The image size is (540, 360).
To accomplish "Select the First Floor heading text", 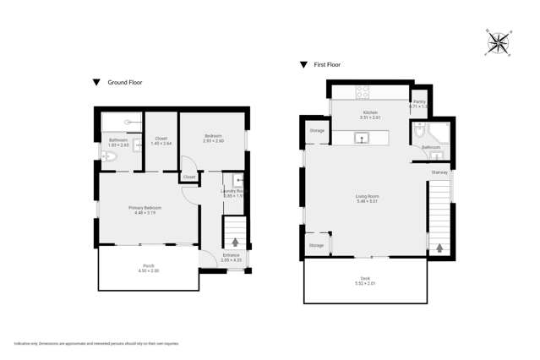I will point(328,64).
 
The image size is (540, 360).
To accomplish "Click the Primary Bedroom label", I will point(145,209).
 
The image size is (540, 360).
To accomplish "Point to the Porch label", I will point(148,270).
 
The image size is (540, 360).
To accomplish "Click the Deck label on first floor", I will point(365,279).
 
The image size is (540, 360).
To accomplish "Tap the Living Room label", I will point(367,199).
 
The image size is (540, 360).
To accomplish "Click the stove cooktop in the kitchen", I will point(363,91).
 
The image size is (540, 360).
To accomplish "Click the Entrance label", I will point(231,256).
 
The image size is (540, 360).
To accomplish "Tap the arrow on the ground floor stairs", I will point(235,243).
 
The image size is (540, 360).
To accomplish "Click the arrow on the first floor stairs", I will point(439,248).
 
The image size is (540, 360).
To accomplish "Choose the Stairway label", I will point(439,172).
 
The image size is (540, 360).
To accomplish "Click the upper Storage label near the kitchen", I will point(317,131).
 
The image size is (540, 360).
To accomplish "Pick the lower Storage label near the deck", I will point(316,245).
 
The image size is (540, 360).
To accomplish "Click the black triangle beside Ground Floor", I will point(96,82).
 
